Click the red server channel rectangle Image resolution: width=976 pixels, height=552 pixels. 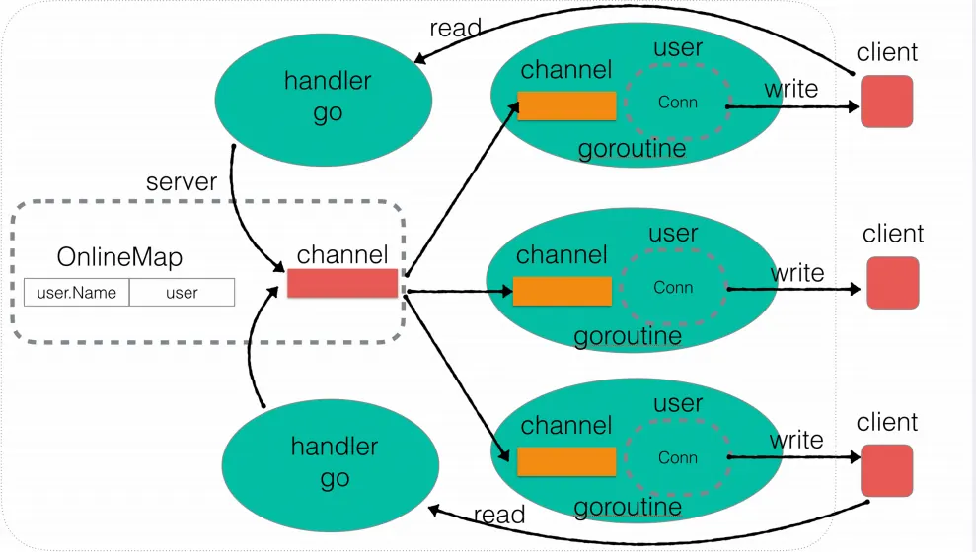pos(342,283)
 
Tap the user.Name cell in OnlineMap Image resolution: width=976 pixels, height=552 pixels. pos(77,292)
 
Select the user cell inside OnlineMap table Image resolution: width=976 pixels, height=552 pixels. pos(182,292)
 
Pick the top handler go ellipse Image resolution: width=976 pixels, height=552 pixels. pos(324,97)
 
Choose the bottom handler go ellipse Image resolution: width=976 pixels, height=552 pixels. pos(334,463)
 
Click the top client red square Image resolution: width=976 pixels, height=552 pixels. pos(886,102)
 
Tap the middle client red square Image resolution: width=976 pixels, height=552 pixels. pos(892,283)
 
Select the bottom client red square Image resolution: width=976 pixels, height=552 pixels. pos(886,470)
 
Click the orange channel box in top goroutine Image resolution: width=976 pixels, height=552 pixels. pos(566,105)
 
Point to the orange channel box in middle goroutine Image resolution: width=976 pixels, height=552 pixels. pos(563,291)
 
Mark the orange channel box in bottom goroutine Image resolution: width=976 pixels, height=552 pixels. pos(566,461)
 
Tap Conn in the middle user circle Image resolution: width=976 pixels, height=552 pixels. pos(673,288)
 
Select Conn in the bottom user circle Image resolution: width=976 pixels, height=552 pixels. pos(677,457)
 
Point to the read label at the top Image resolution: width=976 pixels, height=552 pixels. pos(455,29)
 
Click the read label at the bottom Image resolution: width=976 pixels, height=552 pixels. pos(499,515)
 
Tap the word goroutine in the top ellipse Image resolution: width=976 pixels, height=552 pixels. pos(632,149)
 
